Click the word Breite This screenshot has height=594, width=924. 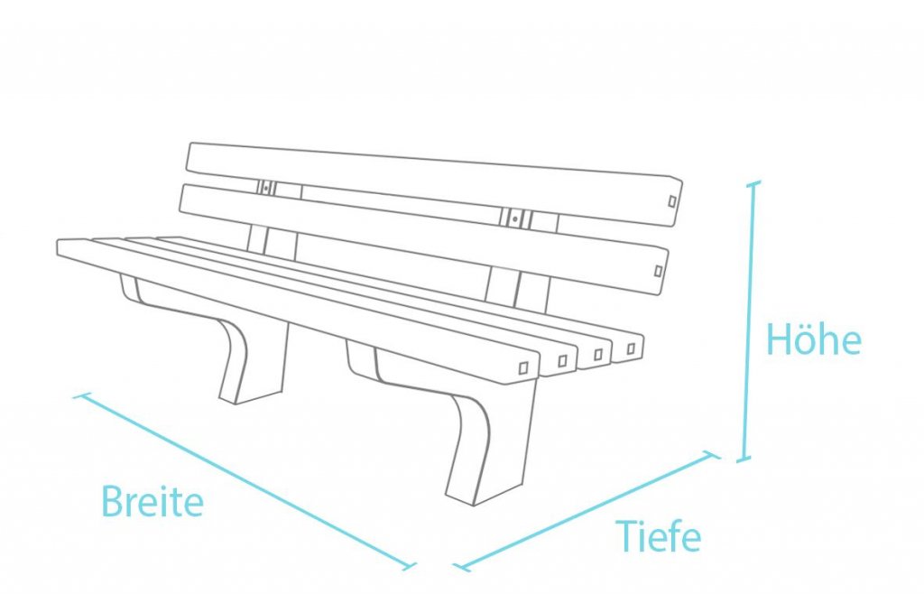(x=152, y=501)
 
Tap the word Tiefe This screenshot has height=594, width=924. (x=658, y=536)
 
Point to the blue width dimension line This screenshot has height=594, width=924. (x=245, y=481)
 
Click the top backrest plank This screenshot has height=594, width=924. (x=434, y=184)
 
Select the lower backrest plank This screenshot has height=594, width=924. (x=424, y=239)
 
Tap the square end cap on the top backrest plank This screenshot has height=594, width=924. (x=671, y=201)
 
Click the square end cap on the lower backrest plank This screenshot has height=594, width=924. (x=658, y=271)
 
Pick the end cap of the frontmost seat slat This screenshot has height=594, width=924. (x=523, y=368)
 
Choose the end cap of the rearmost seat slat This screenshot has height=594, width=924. (x=631, y=348)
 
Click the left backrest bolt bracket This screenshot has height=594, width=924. (x=266, y=188)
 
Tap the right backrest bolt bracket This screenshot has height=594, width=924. (x=515, y=219)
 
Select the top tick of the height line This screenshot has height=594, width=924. (x=753, y=184)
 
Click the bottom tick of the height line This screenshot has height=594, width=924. (x=744, y=459)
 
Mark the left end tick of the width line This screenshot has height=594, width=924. (x=82, y=395)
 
